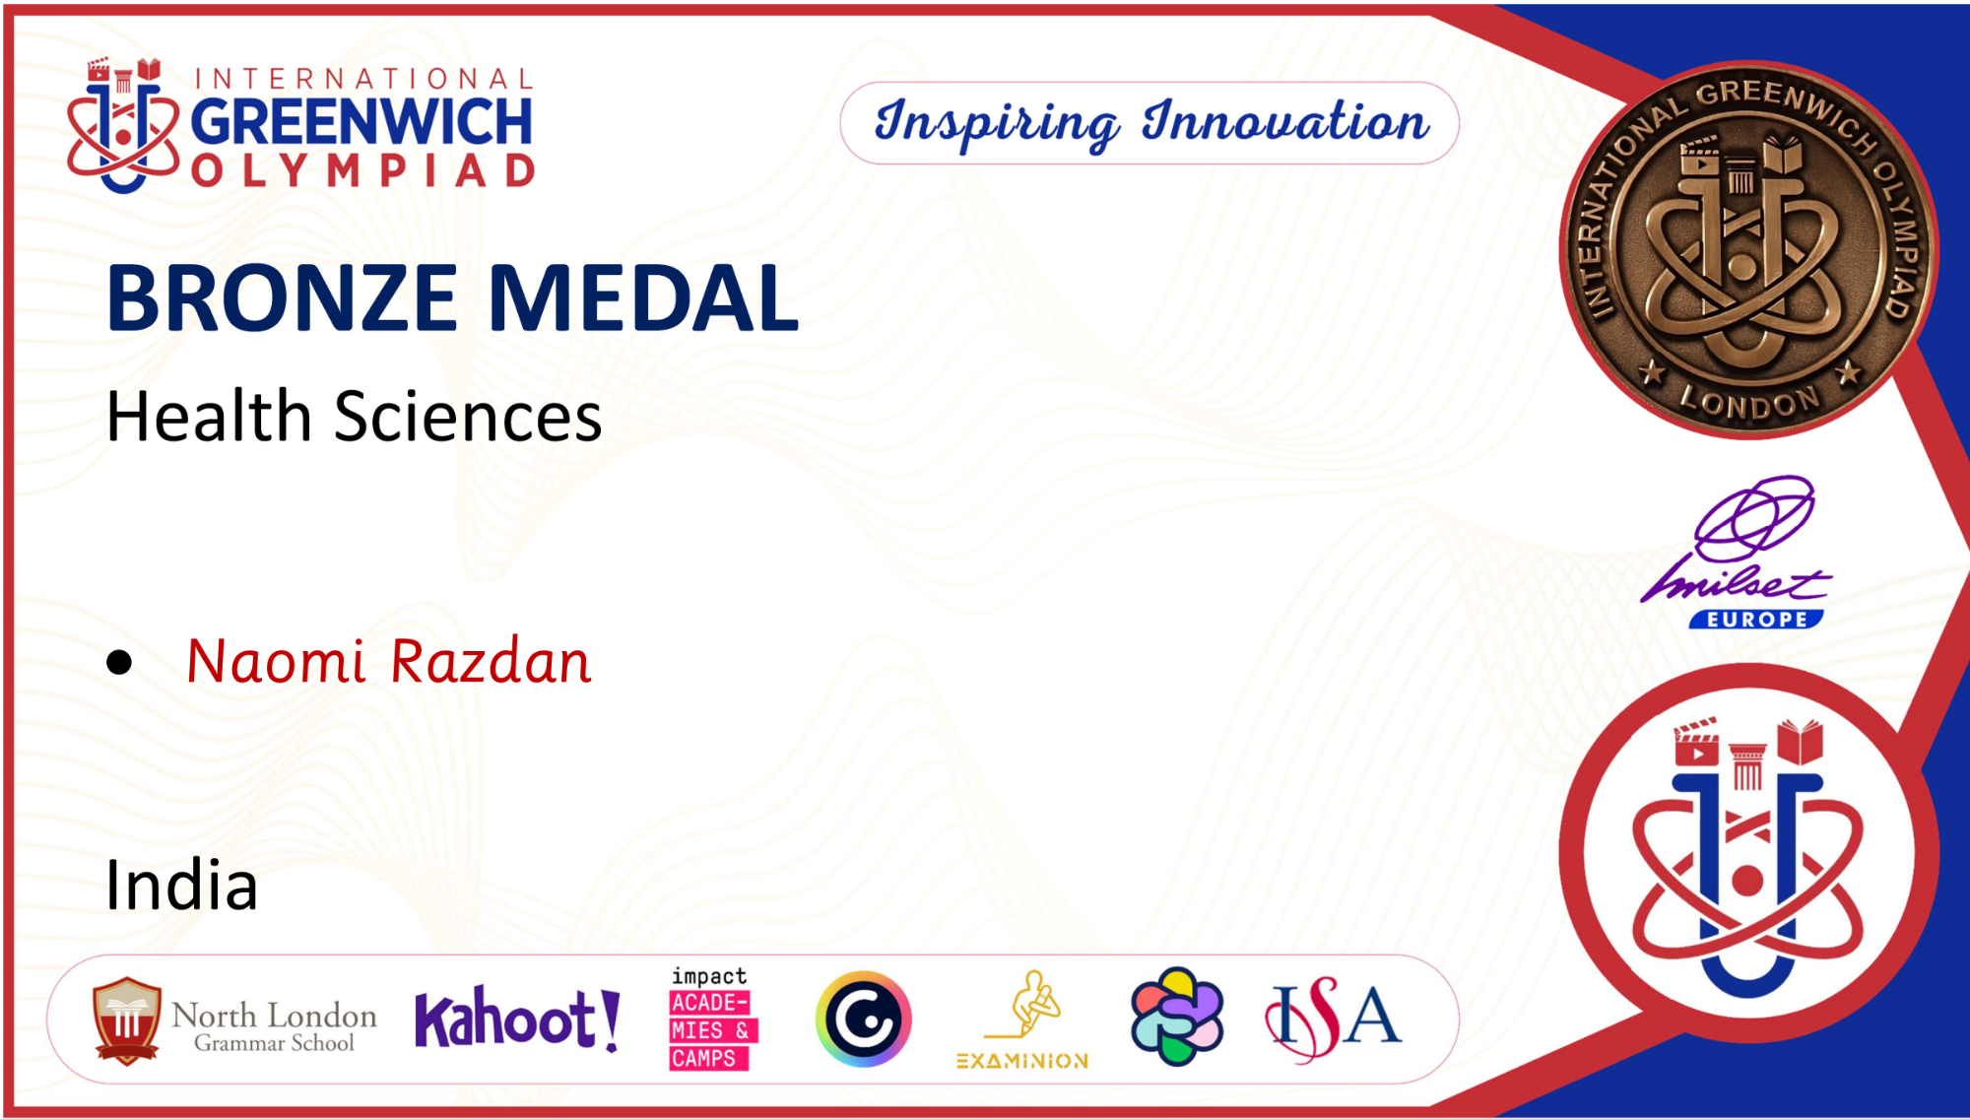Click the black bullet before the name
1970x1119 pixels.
pos(119,662)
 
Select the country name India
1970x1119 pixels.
pos(181,885)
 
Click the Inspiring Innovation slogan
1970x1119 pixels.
pos(1150,123)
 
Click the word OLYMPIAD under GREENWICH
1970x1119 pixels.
pos(362,170)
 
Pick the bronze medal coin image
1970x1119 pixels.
pos(1747,249)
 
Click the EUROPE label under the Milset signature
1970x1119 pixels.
pos(1756,620)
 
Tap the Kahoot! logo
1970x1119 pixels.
pos(517,1019)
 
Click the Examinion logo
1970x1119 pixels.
pos(1022,1020)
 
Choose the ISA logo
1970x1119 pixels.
pos(1333,1019)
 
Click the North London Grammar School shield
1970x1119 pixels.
pos(127,1020)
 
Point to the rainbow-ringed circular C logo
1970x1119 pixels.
pos(864,1019)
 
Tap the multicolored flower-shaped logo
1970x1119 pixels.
pos(1177,1017)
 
